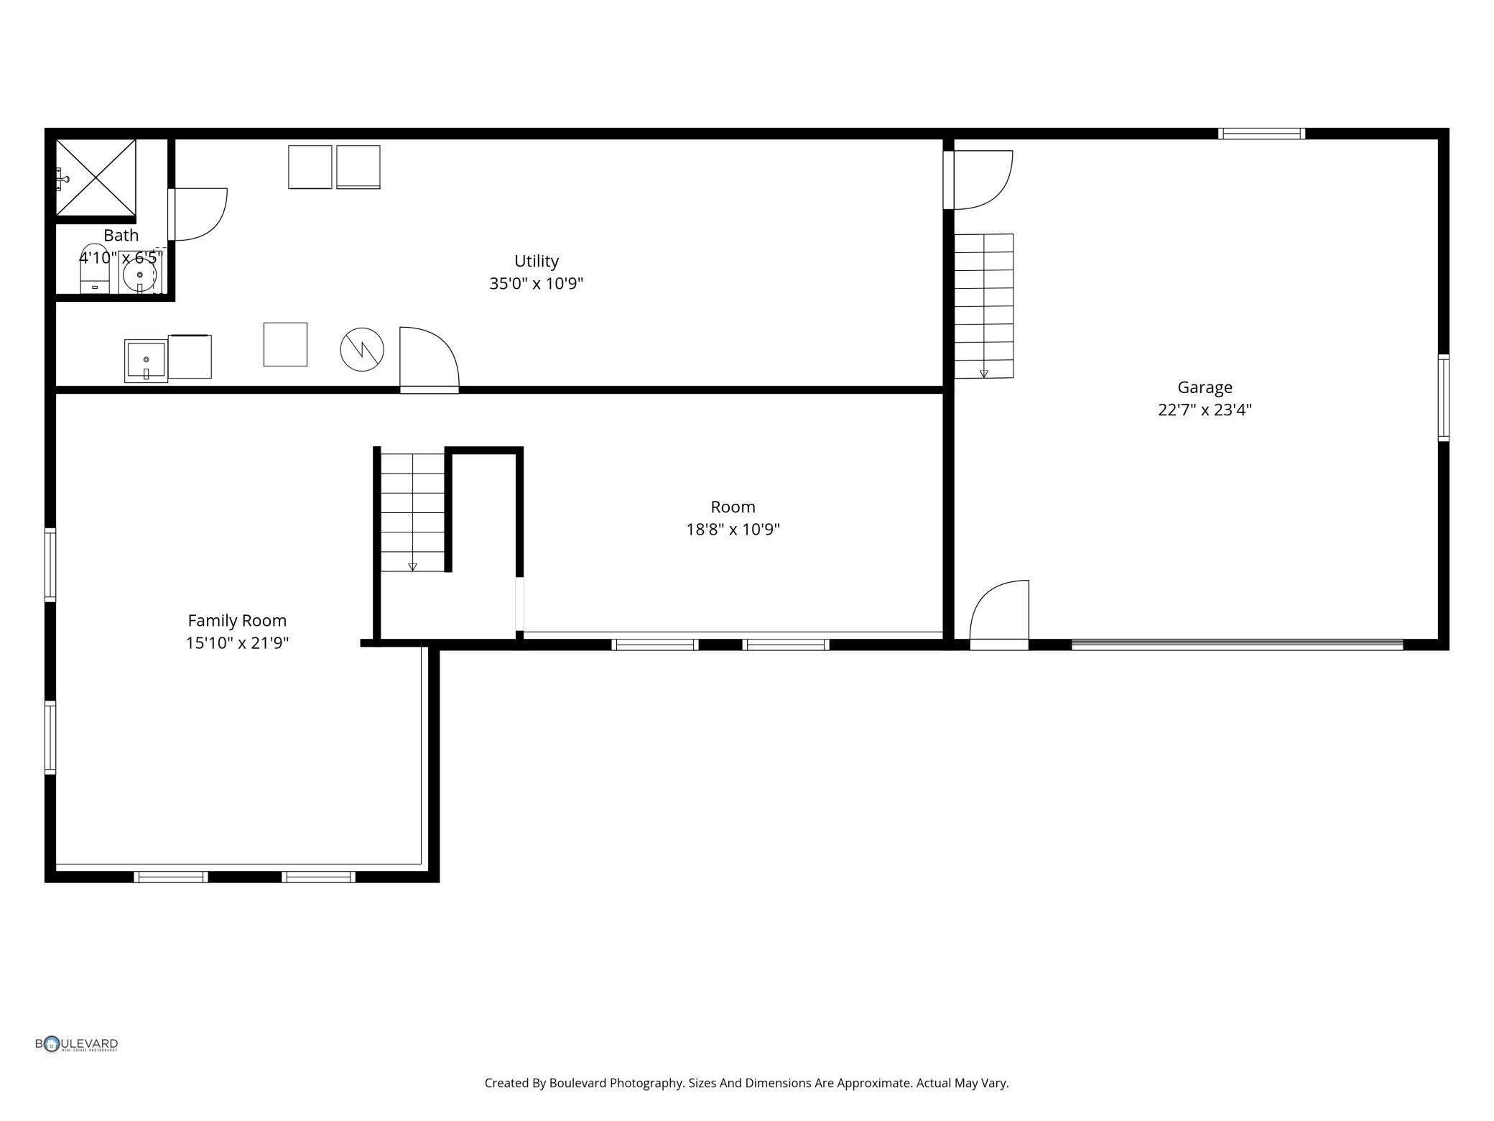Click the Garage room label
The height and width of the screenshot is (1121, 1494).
[x=1205, y=387]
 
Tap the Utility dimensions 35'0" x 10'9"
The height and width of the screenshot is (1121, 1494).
[x=536, y=284]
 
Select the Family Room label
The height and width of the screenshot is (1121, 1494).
[x=237, y=621]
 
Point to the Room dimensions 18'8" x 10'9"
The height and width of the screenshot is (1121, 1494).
[x=733, y=530]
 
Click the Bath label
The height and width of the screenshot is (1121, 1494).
[x=121, y=235]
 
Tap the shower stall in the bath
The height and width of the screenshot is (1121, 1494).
[x=96, y=177]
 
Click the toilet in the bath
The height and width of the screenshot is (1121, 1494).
[x=94, y=269]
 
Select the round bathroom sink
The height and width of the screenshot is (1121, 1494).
[x=139, y=275]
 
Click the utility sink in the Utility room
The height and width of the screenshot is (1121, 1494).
[x=146, y=361]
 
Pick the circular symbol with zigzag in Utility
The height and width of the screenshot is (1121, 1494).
[x=362, y=350]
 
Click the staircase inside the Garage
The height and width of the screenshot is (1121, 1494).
[x=984, y=306]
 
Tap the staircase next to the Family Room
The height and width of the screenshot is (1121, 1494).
[x=412, y=512]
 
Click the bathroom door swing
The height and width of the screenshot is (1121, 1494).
[x=200, y=214]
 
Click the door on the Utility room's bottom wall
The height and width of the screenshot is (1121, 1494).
[x=430, y=360]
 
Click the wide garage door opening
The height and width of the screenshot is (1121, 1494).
[x=1237, y=645]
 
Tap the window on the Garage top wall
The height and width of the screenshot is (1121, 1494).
[x=1261, y=134]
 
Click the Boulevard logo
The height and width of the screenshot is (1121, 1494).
[x=77, y=1044]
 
